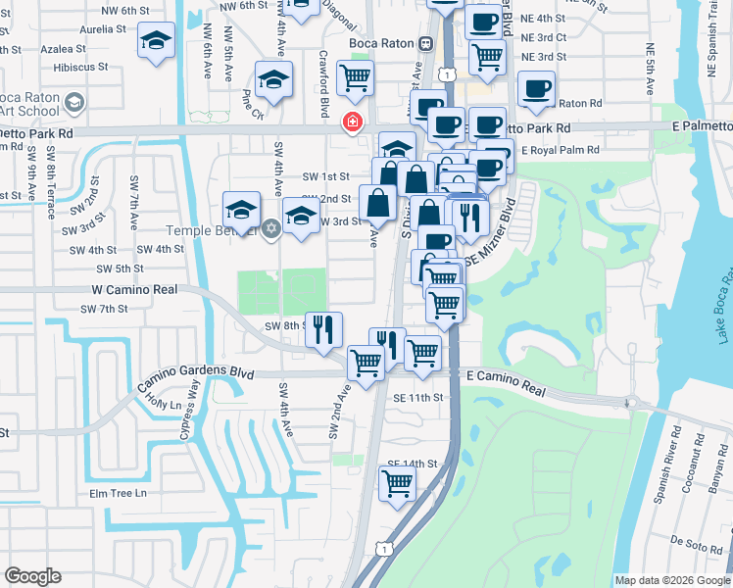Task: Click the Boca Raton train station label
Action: point(383,44)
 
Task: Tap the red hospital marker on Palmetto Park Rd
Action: point(350,122)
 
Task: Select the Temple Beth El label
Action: point(212,230)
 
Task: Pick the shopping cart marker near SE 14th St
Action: point(398,482)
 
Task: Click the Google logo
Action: point(32,576)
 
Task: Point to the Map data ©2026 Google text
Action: point(671,580)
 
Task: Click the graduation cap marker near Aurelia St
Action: point(156,41)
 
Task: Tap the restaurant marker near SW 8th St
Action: point(323,328)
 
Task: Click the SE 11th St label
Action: point(418,398)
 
